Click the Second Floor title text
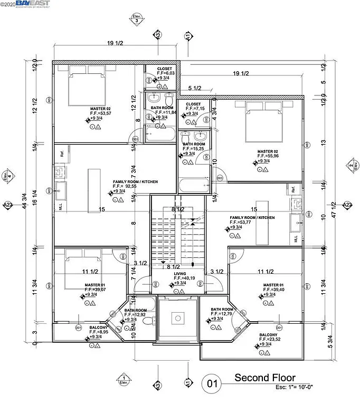[265, 378]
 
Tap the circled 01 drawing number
[212, 383]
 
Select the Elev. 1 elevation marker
[124, 379]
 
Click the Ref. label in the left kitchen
[62, 155]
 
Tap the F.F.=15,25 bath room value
[194, 149]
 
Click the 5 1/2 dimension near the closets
[195, 88]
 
